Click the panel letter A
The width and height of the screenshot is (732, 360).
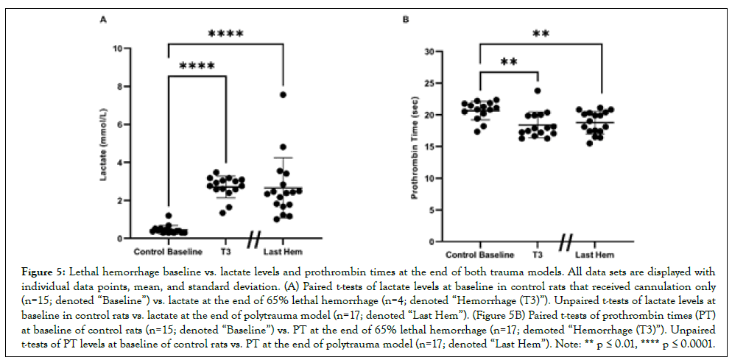102,22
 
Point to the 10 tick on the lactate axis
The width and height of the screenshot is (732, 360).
117,49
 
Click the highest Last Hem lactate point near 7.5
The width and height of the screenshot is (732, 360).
283,95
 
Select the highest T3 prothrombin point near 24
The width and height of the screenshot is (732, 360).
538,91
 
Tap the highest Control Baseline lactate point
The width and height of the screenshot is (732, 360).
169,216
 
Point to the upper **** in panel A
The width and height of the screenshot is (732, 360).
225,34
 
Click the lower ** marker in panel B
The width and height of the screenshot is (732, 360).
508,62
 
